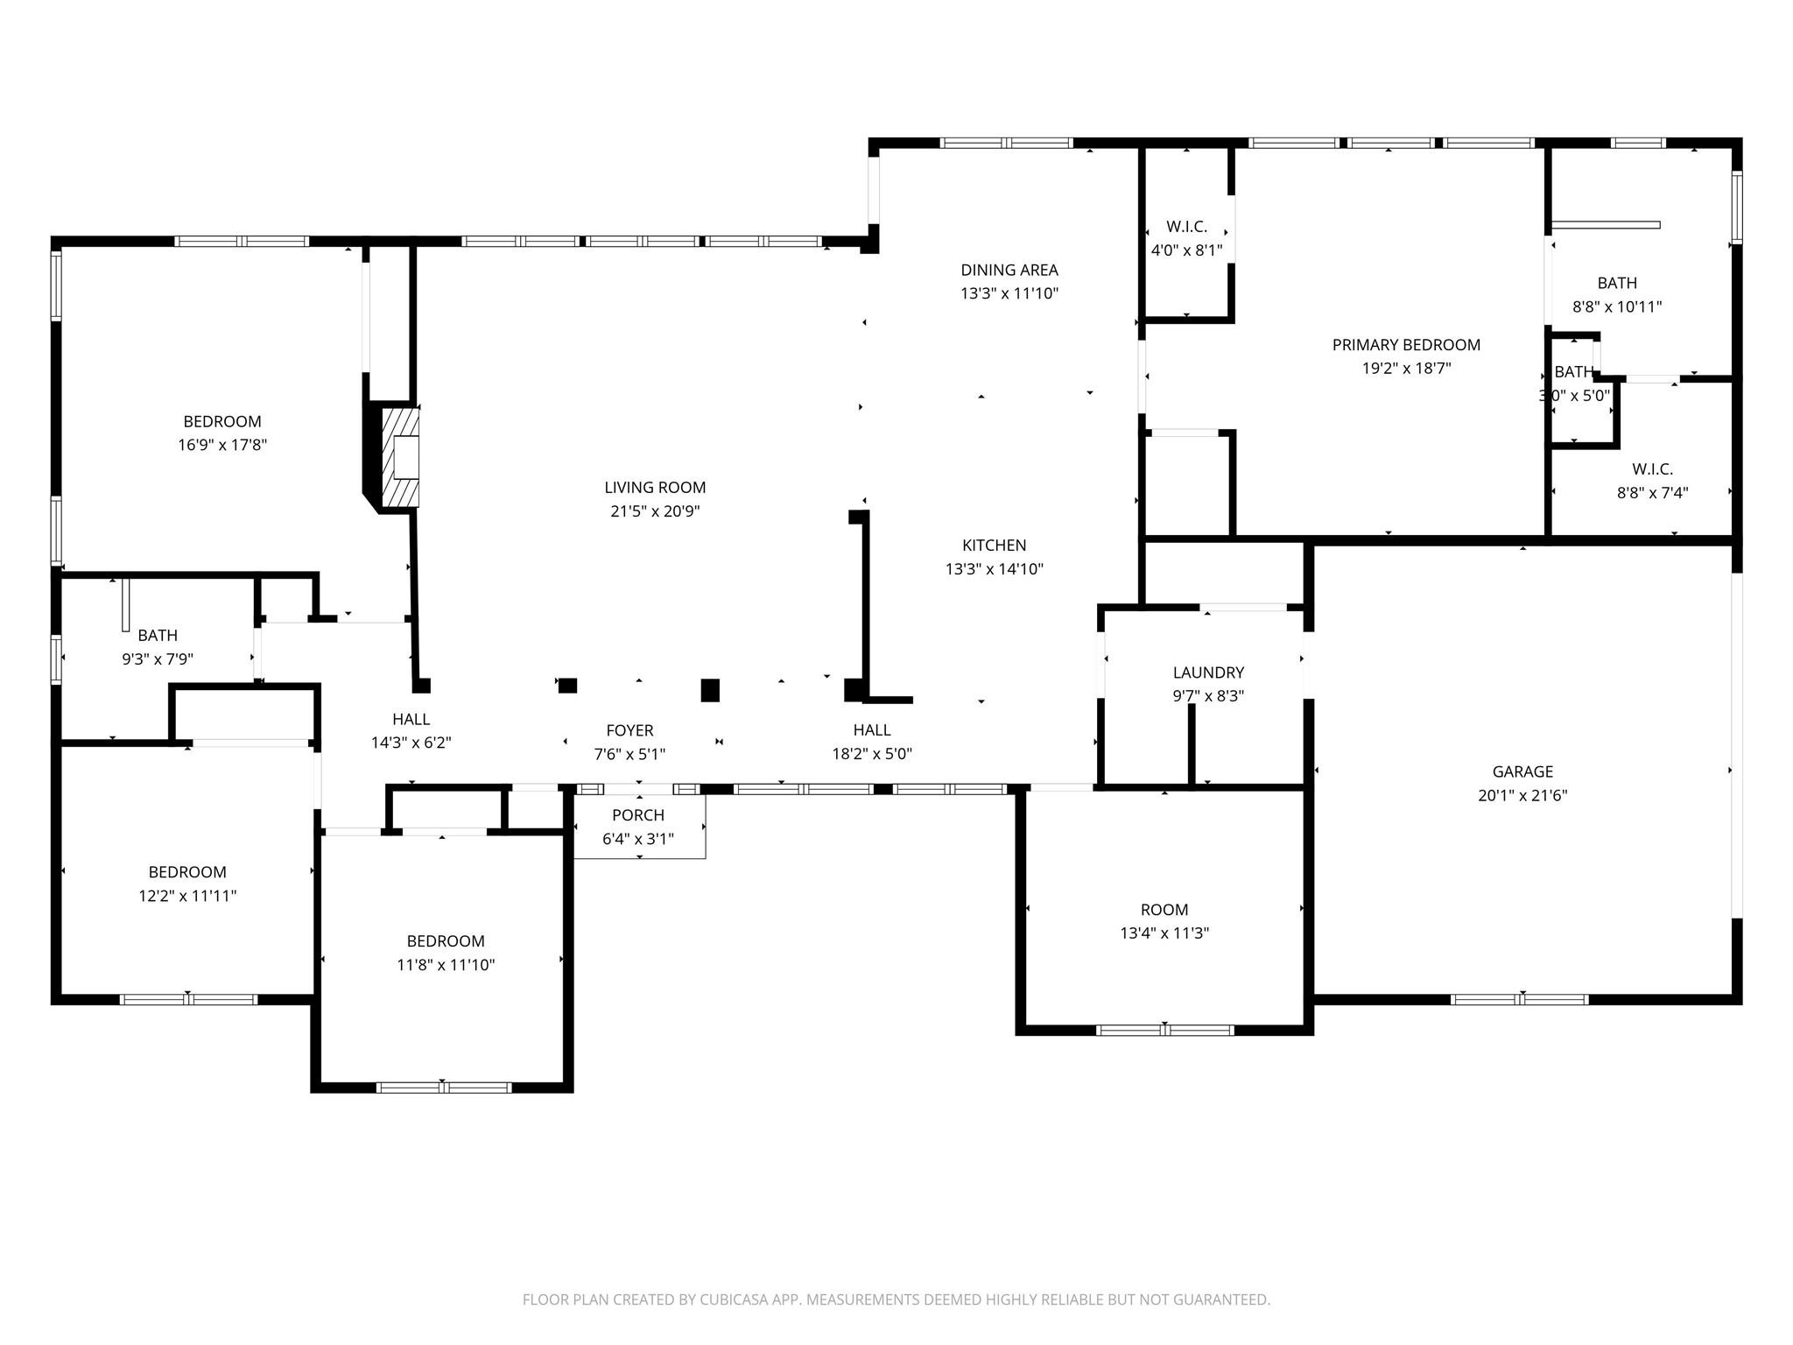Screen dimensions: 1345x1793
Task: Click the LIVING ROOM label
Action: click(x=655, y=488)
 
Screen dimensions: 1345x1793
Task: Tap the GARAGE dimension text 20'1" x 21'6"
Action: click(x=1522, y=796)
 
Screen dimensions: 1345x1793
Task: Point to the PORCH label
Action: click(x=638, y=815)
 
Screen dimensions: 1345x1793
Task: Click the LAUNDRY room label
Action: click(x=1208, y=672)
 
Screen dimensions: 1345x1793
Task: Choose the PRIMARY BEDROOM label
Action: click(x=1406, y=345)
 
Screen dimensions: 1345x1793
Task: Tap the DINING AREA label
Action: click(x=1009, y=270)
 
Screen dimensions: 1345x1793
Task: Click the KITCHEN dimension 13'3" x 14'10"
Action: click(x=994, y=569)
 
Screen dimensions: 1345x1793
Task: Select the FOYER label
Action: click(x=629, y=730)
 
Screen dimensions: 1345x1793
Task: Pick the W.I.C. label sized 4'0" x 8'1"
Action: click(x=1186, y=227)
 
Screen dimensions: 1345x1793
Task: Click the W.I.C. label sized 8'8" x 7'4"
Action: click(x=1652, y=469)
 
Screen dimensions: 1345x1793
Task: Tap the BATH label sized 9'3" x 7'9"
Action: click(x=158, y=636)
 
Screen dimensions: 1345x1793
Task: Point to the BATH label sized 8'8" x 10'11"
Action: click(x=1617, y=283)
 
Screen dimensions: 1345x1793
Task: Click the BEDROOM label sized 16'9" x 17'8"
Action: click(x=222, y=421)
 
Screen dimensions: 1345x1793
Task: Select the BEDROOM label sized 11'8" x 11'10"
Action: click(x=446, y=941)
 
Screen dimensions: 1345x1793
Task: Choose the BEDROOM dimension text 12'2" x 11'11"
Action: click(x=187, y=896)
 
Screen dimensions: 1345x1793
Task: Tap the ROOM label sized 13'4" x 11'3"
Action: click(x=1164, y=910)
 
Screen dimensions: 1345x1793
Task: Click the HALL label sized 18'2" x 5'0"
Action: click(x=872, y=730)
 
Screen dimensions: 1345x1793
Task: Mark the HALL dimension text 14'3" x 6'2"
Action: click(x=411, y=743)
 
